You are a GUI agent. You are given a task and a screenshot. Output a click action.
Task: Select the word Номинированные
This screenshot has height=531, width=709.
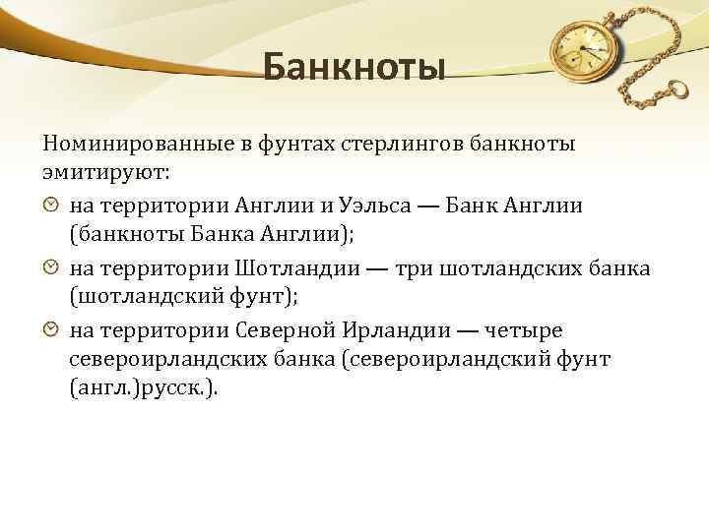125,145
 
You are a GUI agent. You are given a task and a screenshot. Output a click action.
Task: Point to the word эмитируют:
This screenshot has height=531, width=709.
106,172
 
